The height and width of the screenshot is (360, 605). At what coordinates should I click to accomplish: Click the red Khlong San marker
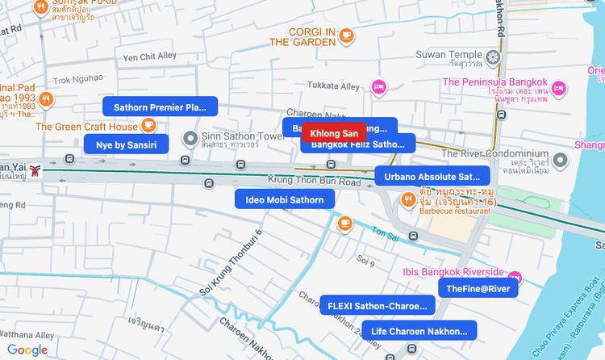(x=334, y=133)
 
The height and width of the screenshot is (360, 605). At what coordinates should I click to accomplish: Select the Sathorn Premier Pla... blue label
(x=161, y=107)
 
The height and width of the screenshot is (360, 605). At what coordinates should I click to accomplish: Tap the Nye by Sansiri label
(x=127, y=144)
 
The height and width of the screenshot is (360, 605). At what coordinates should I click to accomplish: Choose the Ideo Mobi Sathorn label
(x=285, y=199)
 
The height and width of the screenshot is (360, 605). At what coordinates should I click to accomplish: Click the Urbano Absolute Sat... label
(x=432, y=176)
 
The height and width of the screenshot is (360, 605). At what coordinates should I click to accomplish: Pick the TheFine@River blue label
(x=478, y=289)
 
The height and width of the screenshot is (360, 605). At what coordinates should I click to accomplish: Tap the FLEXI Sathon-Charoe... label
(x=378, y=306)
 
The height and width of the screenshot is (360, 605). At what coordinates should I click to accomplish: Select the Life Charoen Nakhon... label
(x=419, y=330)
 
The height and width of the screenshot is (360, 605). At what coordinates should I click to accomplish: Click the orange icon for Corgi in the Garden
(x=346, y=35)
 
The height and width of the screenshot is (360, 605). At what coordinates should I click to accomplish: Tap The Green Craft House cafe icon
(x=148, y=125)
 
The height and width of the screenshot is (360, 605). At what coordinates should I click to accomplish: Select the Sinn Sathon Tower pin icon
(x=190, y=139)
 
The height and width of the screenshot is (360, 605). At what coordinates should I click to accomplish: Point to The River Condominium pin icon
(x=561, y=160)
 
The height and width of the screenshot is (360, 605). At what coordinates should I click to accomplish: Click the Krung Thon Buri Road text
(x=315, y=182)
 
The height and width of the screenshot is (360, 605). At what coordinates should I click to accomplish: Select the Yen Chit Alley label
(x=149, y=57)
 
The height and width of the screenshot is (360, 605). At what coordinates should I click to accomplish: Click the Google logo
(x=27, y=350)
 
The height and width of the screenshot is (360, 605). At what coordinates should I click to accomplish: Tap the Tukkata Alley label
(x=338, y=86)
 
